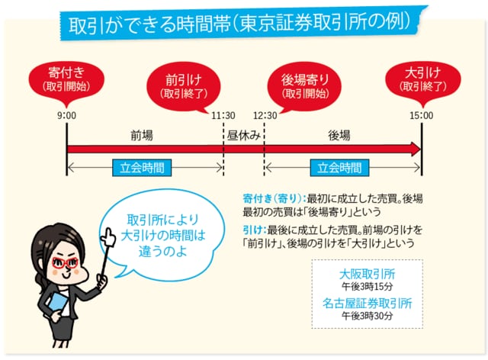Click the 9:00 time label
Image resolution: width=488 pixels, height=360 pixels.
[x=66, y=116]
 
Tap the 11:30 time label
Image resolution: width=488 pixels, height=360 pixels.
[x=223, y=116]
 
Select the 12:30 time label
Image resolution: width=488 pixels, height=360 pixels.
[x=265, y=116]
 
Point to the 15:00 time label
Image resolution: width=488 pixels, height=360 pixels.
[x=421, y=116]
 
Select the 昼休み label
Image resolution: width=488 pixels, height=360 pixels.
[x=244, y=135]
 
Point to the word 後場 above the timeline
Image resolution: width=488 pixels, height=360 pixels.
[x=339, y=135]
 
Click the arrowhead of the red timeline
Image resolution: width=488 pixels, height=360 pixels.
[x=416, y=149]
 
